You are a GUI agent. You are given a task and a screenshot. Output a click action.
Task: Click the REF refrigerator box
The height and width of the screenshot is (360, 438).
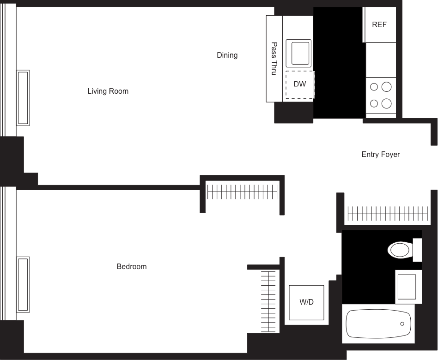point(379,24)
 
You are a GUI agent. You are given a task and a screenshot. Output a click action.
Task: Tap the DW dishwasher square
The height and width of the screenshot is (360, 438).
point(299,84)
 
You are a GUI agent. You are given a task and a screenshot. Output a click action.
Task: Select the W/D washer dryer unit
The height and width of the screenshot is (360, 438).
point(306,302)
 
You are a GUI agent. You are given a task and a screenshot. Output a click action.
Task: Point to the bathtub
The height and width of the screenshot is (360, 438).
point(378,324)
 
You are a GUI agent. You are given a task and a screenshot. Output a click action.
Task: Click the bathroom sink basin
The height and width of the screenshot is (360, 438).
point(407,287)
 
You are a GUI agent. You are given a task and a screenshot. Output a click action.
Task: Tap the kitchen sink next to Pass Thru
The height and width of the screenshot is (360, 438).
point(298,53)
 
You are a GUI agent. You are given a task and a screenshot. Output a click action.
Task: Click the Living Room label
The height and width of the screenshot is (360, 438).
point(108,91)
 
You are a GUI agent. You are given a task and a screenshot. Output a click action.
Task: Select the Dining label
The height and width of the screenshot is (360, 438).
point(227,55)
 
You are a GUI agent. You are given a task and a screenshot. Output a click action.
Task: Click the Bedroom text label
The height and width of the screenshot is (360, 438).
point(132,267)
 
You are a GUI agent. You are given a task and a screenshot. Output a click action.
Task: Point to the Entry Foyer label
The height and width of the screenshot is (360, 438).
point(380,155)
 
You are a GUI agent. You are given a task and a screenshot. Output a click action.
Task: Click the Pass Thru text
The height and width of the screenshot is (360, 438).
point(274,59)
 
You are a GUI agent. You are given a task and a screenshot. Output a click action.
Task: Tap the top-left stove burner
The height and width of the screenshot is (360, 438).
point(374,87)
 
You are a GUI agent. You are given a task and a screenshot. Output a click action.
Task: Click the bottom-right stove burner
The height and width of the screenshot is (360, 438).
point(387,103)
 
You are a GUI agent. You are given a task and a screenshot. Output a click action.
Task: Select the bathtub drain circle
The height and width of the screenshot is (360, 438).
point(402,324)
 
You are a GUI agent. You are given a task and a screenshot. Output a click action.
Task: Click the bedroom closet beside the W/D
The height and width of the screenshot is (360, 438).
point(269,301)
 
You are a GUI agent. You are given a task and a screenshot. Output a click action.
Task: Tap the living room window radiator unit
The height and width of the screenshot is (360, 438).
point(23,97)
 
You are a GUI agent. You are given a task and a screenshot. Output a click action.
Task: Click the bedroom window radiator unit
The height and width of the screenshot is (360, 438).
point(23,284)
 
